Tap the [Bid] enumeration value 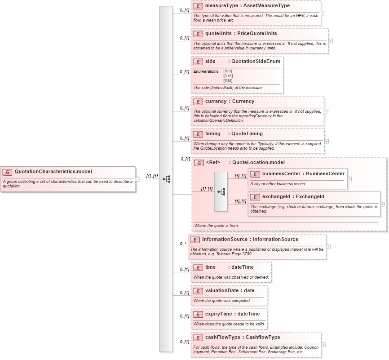click(228, 71)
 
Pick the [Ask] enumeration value click(228, 76)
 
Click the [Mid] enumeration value click(228, 80)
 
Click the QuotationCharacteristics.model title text click(53, 171)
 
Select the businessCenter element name click(281, 173)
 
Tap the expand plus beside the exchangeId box click(382, 204)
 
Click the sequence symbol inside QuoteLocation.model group click(221, 191)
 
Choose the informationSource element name click(225, 240)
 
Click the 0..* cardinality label click(183, 244)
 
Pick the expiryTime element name click(218, 314)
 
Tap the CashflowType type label click(263, 337)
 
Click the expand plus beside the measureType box click(323, 13)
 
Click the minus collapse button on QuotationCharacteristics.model click(137, 179)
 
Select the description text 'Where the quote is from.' click(217, 226)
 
